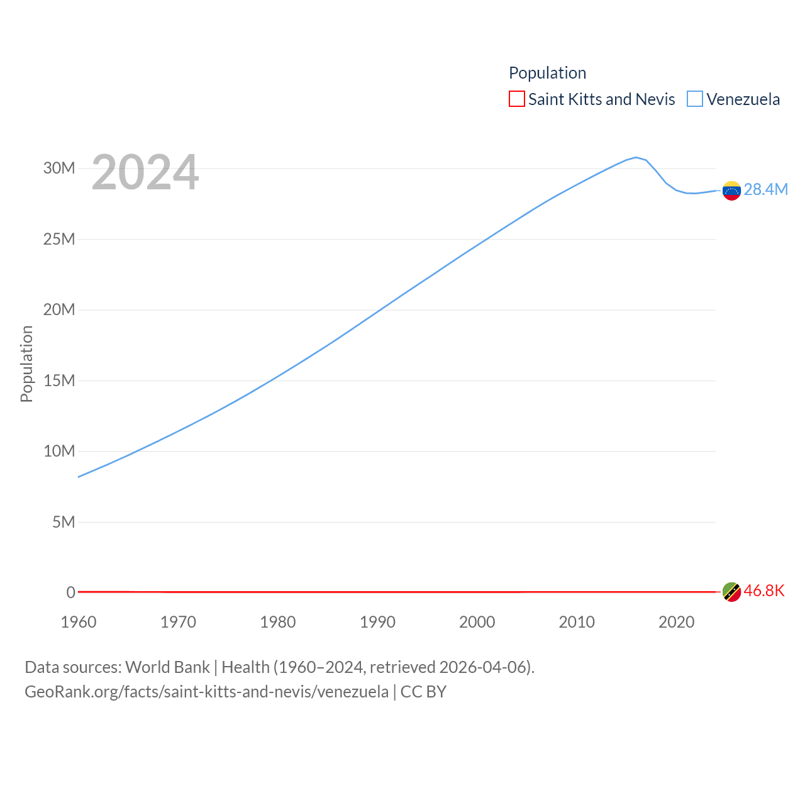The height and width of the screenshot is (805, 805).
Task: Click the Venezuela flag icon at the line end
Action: pyautogui.click(x=731, y=191)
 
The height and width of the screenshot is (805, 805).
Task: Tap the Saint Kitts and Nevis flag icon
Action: pyautogui.click(x=731, y=592)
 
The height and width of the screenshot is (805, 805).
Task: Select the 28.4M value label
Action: pyautogui.click(x=765, y=189)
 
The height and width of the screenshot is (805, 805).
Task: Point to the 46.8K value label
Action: pyautogui.click(x=763, y=591)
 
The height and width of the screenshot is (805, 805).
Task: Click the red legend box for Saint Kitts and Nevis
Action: pyautogui.click(x=516, y=99)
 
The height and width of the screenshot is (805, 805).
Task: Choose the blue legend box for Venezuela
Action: pyautogui.click(x=694, y=99)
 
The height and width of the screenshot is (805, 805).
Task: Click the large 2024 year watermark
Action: pyautogui.click(x=145, y=172)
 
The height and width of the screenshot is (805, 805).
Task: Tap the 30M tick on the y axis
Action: pyautogui.click(x=59, y=168)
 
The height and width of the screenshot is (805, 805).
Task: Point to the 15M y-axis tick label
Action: pyautogui.click(x=59, y=380)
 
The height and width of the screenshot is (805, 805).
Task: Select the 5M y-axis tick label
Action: pyautogui.click(x=64, y=522)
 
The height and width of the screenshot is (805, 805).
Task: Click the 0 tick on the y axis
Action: pyautogui.click(x=71, y=592)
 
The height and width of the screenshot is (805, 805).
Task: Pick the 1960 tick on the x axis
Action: pyautogui.click(x=79, y=622)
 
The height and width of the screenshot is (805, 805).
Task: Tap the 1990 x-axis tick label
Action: pyautogui.click(x=377, y=622)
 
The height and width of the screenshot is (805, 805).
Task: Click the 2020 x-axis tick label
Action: pyautogui.click(x=676, y=622)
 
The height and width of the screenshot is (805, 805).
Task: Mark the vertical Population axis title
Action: pyautogui.click(x=26, y=364)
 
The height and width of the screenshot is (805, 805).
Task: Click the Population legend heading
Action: pyautogui.click(x=547, y=73)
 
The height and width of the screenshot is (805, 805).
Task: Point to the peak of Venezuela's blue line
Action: pyautogui.click(x=636, y=157)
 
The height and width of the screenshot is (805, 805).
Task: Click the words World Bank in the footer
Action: pyautogui.click(x=167, y=667)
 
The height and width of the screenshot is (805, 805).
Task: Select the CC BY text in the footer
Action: pyautogui.click(x=423, y=692)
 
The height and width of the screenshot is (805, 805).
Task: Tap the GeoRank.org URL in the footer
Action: pyautogui.click(x=206, y=692)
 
